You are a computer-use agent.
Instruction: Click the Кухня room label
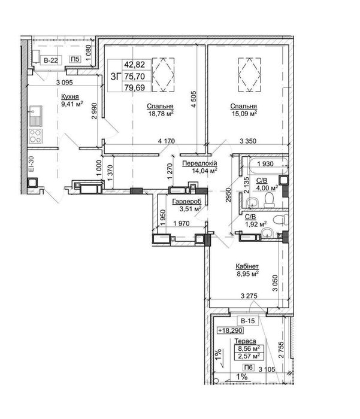pos(70,96)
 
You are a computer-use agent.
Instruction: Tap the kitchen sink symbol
pos(35,116)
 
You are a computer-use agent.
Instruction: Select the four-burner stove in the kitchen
pos(35,136)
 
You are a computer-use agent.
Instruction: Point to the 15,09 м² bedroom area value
pos(244,114)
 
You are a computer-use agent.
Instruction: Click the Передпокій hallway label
pos(199,163)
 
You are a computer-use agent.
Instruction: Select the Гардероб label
pos(187,202)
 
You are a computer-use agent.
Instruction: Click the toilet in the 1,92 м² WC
pos(280,220)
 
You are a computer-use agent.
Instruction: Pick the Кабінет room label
pos(247,266)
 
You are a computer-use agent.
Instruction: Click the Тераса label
pos(245,341)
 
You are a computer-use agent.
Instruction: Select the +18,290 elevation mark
pos(230,330)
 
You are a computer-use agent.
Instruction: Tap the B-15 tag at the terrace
pos(248,321)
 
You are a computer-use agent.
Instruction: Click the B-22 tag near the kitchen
pos(51,60)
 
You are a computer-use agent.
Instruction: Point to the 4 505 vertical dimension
pos(193,99)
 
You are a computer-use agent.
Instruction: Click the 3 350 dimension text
pos(248,141)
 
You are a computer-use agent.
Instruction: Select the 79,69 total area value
pos(135,87)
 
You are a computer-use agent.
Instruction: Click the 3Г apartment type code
pos(116,77)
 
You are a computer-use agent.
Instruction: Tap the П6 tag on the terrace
pos(249,368)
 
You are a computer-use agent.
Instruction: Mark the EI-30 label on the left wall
pos(32,164)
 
